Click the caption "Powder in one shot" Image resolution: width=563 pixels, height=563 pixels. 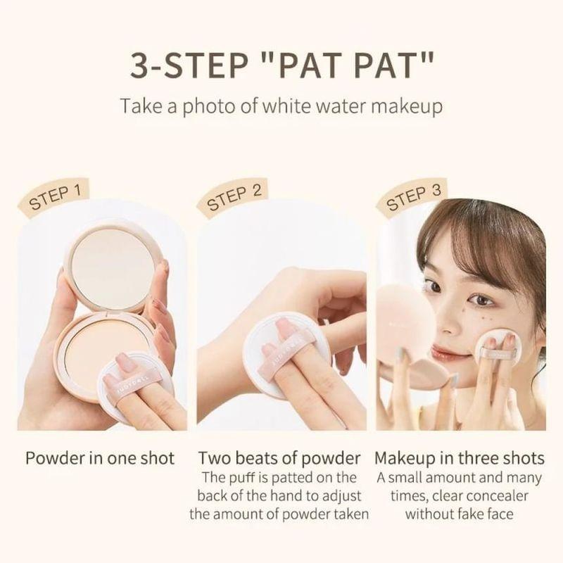[100, 458]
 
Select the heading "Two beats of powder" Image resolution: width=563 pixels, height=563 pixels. [279, 458]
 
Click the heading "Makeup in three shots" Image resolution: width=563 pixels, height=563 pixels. [460, 458]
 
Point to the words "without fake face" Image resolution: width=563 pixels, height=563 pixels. [460, 514]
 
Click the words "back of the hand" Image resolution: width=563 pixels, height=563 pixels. [247, 495]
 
